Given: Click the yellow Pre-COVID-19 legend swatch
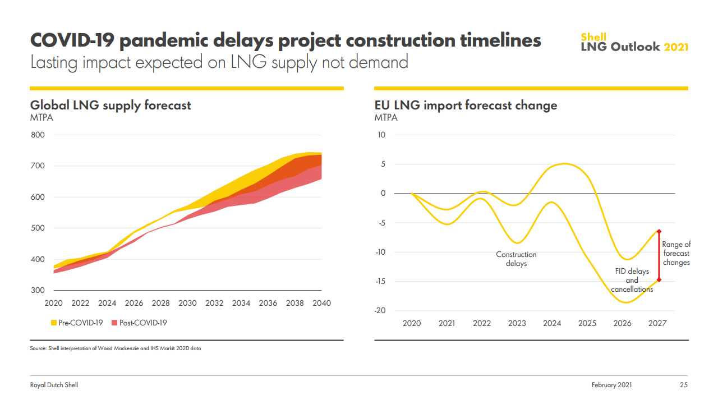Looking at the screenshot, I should pos(54,323).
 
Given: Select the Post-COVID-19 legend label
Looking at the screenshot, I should pos(143,323).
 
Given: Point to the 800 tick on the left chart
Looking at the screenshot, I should pos(38,135).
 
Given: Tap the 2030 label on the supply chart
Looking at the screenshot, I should pos(187,303).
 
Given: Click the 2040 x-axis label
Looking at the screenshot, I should pos(321,303).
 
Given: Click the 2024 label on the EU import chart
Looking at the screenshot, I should pos(552,323).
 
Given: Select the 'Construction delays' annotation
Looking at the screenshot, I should pos(516,259).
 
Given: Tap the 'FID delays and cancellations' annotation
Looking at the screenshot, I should pos(632,280).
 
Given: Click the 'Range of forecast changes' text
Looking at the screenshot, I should pos(676,253).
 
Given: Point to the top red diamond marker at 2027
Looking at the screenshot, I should pos(659,231).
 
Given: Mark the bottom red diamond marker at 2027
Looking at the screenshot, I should pos(659,279).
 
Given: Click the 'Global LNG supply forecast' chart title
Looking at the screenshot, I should pos(111,105).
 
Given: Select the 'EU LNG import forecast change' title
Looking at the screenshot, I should pos(466,105).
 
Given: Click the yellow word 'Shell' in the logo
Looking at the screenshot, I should pos(593,38).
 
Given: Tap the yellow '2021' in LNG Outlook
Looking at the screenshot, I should pos(676,47).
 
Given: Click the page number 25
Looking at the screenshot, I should pos(683,385).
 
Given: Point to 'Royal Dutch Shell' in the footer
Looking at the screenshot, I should pos(54,385).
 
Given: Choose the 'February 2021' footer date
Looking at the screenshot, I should pos(611,385).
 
